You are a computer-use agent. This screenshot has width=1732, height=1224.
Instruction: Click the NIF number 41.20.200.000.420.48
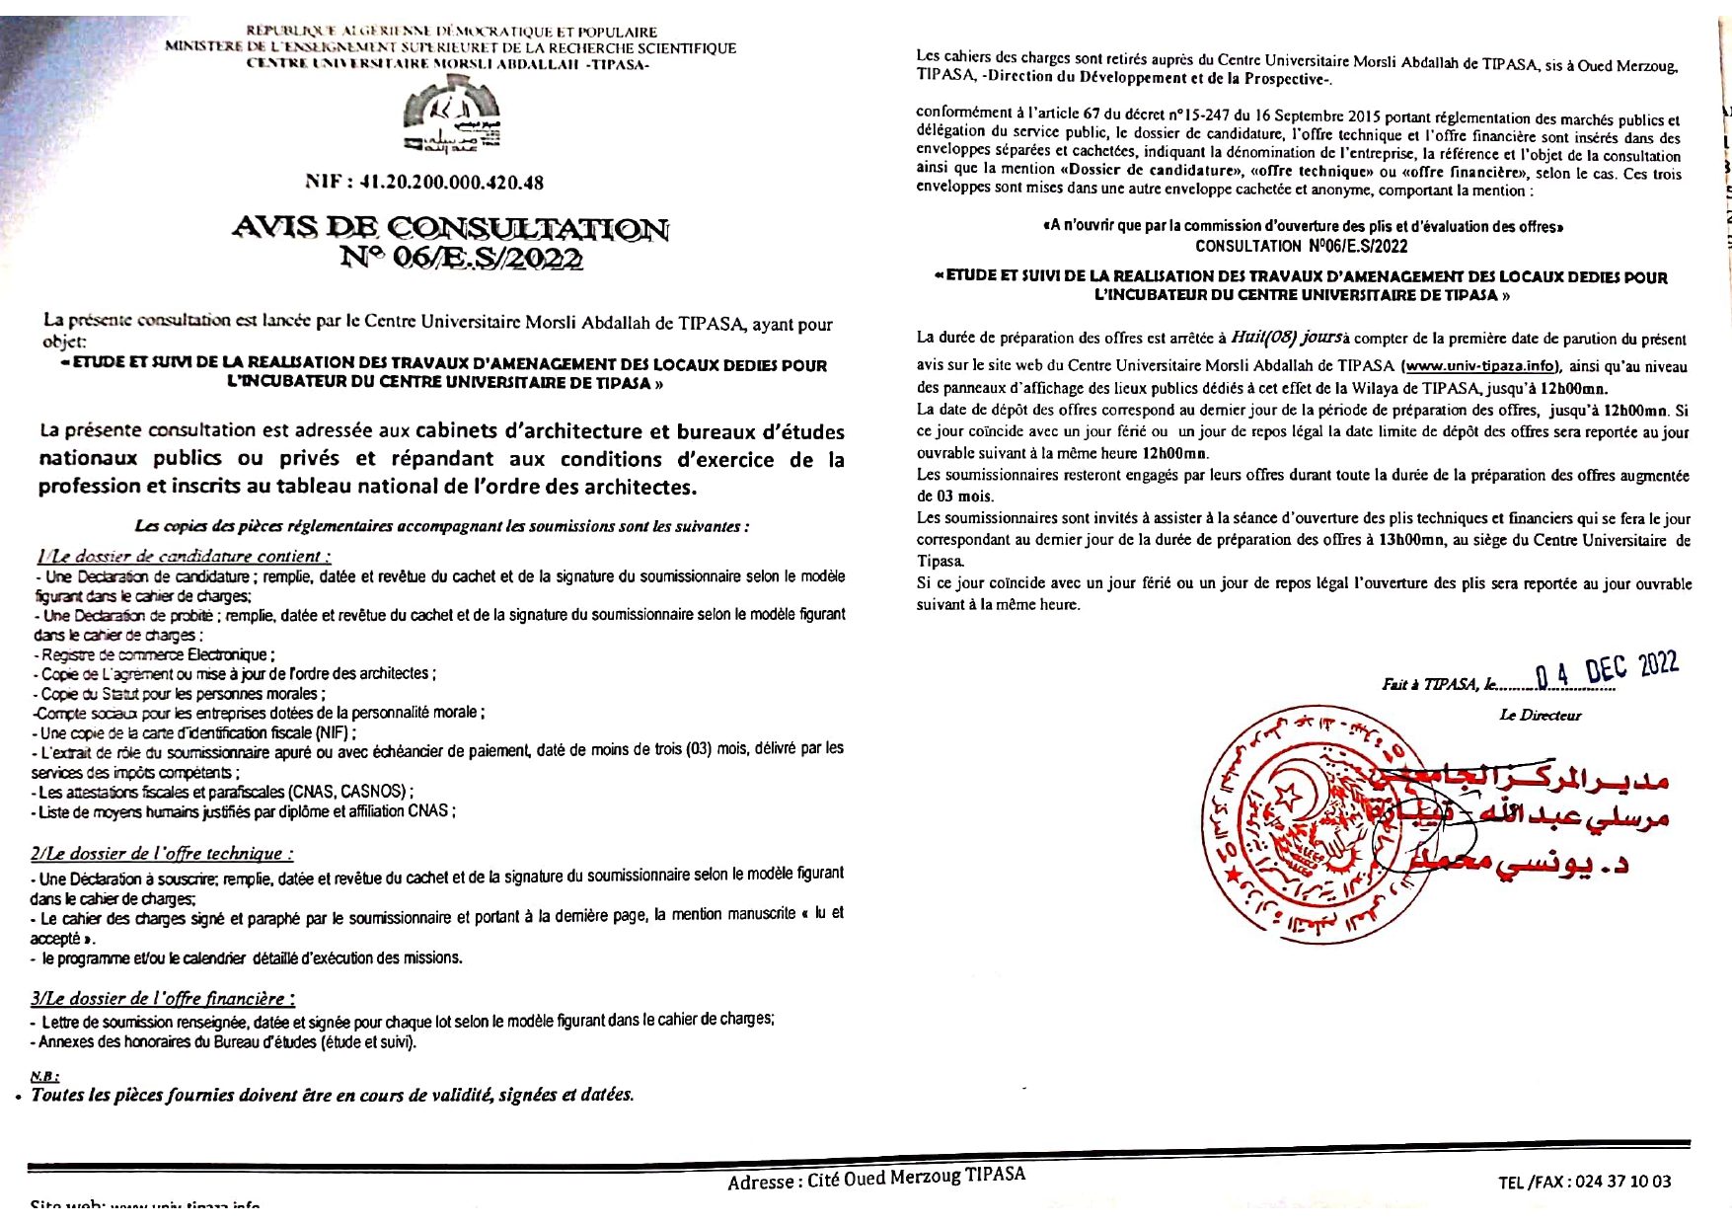(x=424, y=183)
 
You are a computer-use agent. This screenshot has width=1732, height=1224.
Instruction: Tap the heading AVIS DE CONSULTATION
(x=451, y=229)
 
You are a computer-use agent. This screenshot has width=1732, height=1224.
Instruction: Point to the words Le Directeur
(x=1540, y=715)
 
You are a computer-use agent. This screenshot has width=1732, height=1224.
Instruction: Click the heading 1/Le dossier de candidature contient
(x=183, y=557)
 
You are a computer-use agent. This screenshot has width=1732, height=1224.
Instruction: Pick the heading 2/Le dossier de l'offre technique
(x=162, y=854)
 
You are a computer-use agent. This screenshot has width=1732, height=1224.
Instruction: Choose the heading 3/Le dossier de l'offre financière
(x=163, y=999)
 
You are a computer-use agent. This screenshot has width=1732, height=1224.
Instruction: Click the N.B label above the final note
(x=44, y=1076)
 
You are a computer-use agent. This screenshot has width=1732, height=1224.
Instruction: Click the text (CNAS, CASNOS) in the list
(x=346, y=792)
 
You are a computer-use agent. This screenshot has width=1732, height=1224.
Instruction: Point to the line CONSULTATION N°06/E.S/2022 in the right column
(x=1301, y=246)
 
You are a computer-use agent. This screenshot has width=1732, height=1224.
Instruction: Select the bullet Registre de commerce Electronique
(x=156, y=654)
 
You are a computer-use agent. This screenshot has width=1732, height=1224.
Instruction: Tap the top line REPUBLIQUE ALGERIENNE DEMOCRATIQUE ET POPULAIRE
(x=451, y=33)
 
